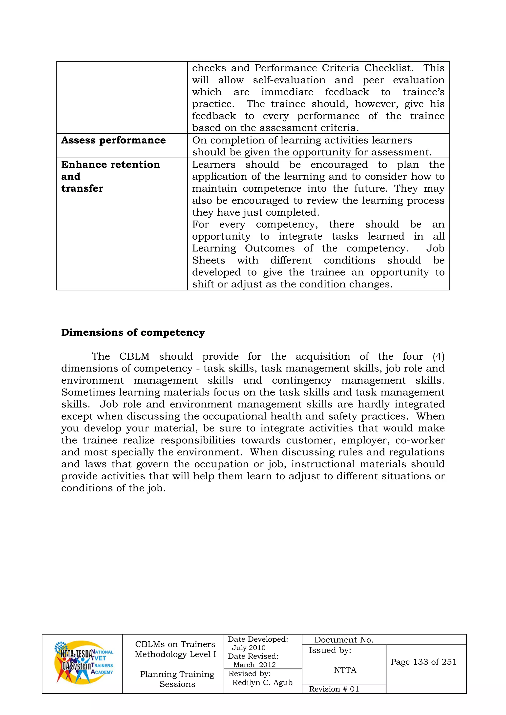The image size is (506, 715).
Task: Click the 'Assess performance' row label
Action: tap(113, 141)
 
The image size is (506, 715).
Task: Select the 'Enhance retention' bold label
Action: tap(111, 164)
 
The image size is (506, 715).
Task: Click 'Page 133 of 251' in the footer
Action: tap(423, 662)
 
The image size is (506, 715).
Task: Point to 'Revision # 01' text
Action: tap(334, 689)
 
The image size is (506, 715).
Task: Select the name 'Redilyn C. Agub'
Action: tap(262, 682)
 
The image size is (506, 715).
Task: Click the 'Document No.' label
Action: tap(343, 640)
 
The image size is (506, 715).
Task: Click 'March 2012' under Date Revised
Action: tap(254, 665)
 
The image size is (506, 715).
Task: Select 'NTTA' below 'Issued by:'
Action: tap(345, 670)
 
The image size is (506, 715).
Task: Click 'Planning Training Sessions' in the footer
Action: tap(177, 679)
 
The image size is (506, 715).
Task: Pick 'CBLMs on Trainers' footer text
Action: tap(175, 644)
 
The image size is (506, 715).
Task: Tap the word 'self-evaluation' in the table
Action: tap(289, 80)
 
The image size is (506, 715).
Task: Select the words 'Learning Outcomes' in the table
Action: tap(243, 248)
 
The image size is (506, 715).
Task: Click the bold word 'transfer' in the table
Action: tap(82, 188)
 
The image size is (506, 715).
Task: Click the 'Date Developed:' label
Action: tap(258, 639)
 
